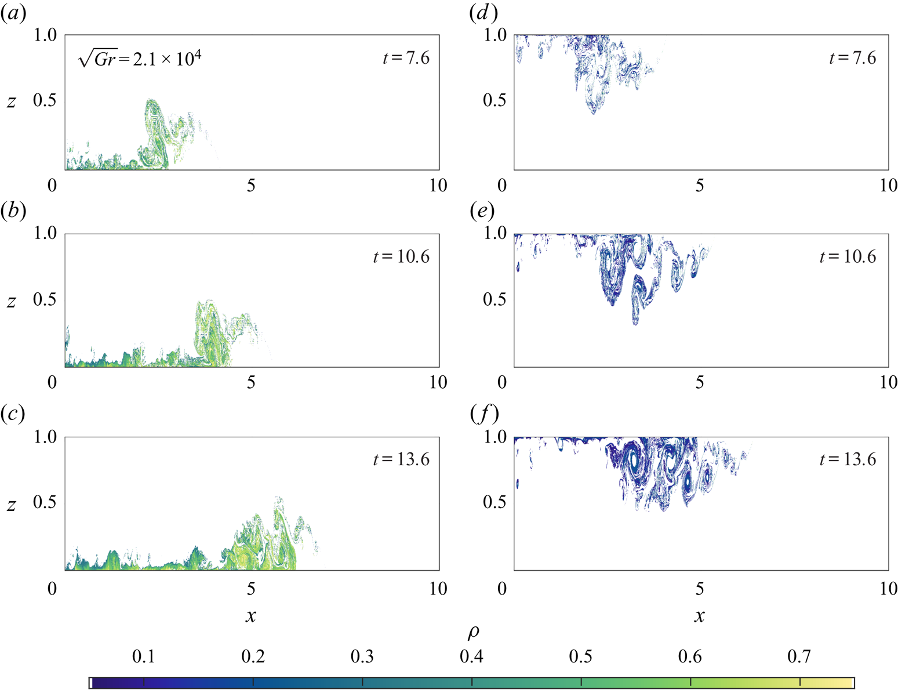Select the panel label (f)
pyautogui.click(x=484, y=414)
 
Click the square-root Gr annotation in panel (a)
pyautogui.click(x=140, y=59)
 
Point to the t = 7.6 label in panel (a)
pyautogui.click(x=406, y=58)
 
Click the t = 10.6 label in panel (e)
pyautogui.click(x=848, y=256)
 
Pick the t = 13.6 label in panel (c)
pyautogui.click(x=401, y=459)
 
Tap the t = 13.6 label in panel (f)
pyautogui.click(x=848, y=459)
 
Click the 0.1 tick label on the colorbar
pyautogui.click(x=143, y=657)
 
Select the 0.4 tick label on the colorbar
pyautogui.click(x=471, y=657)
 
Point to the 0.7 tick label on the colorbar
pyautogui.click(x=799, y=657)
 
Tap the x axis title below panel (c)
pyautogui.click(x=250, y=615)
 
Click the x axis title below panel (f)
pyautogui.click(x=700, y=615)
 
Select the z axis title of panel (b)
pyautogui.click(x=12, y=301)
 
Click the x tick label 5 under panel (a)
pyautogui.click(x=250, y=186)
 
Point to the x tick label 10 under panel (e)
pyautogui.click(x=888, y=382)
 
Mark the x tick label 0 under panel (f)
pyautogui.click(x=502, y=589)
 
